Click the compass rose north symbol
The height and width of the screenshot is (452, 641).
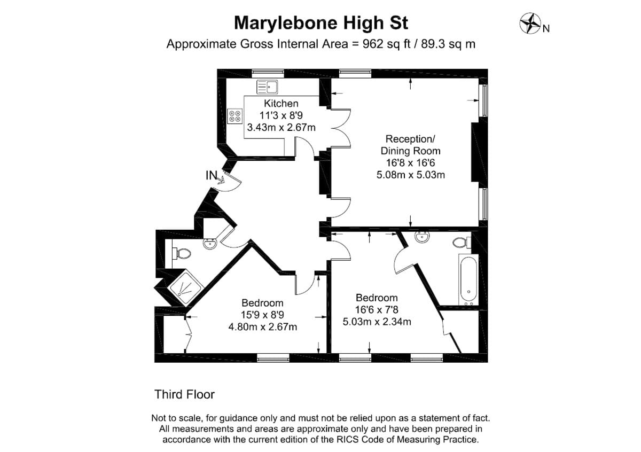(x=530, y=24)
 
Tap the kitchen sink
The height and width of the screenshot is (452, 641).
(x=267, y=87)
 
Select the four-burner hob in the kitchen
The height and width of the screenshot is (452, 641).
(x=234, y=116)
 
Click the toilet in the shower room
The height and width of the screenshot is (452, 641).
(x=182, y=254)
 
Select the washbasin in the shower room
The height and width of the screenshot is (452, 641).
(x=210, y=244)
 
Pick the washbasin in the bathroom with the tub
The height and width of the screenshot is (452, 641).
(x=422, y=237)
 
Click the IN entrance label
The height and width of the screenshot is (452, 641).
(x=212, y=175)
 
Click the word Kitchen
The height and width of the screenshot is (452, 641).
(x=281, y=103)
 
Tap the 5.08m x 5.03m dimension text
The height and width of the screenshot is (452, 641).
(x=411, y=175)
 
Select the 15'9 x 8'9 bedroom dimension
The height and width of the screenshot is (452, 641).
(x=262, y=315)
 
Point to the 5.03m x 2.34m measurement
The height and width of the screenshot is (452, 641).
(x=377, y=322)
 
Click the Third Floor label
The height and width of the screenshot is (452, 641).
(x=185, y=394)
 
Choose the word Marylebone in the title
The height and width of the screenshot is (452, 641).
(x=286, y=23)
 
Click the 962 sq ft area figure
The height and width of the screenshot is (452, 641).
(x=386, y=44)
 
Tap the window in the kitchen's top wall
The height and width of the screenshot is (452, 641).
(x=268, y=73)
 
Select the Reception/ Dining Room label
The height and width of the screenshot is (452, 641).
(x=410, y=145)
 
